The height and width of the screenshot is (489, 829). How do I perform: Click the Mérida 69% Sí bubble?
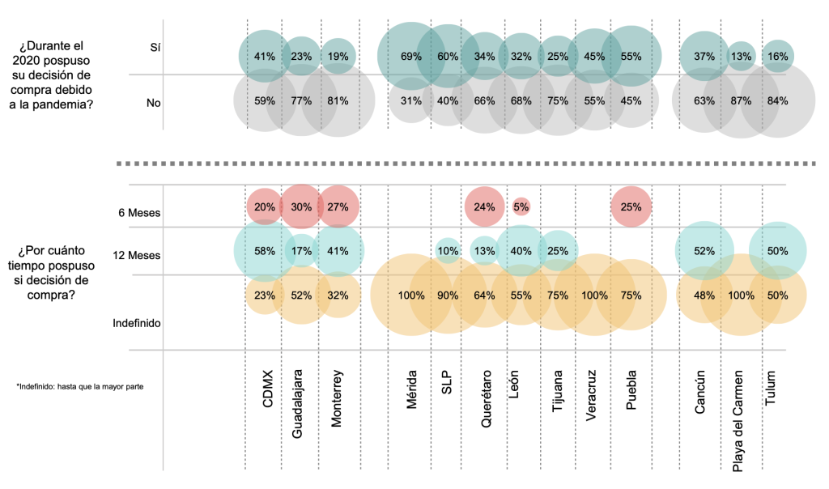[x=411, y=57]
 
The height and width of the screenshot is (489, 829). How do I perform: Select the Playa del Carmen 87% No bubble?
[x=739, y=101]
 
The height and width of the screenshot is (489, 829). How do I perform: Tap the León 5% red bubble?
[x=521, y=206]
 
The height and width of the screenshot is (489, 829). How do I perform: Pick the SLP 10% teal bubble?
[x=448, y=251]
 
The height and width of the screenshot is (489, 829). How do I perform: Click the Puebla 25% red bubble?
[x=631, y=206]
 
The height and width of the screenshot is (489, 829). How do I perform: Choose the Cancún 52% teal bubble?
[x=704, y=251]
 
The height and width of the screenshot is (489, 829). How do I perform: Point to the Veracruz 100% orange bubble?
[x=594, y=296]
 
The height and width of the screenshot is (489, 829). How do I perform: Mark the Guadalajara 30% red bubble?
[x=301, y=206]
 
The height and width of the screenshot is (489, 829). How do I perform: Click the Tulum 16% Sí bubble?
[x=777, y=56]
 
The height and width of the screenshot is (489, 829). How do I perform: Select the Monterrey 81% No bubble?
[x=338, y=101]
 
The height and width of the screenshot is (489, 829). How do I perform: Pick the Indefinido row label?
[x=136, y=323]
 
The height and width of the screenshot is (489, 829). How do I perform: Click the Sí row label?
[x=155, y=48]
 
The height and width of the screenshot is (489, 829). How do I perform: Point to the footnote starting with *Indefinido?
[x=79, y=387]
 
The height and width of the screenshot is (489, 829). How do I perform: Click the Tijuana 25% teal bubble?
[x=558, y=251]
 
